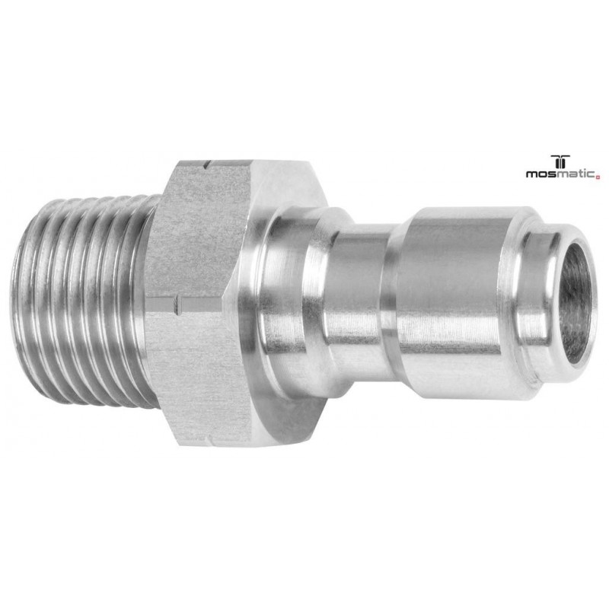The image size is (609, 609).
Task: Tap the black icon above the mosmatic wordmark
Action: coord(562,161)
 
